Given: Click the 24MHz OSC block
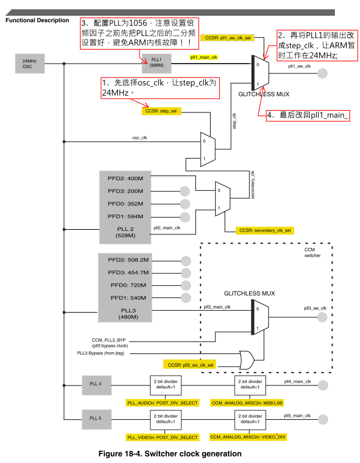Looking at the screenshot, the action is (30, 64).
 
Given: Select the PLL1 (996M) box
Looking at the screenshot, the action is (156, 63).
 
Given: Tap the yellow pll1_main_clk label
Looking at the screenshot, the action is (204, 57).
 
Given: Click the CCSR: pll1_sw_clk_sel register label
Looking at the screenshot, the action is (228, 38).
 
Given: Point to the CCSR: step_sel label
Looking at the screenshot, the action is (161, 111).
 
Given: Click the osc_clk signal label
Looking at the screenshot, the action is (139, 138).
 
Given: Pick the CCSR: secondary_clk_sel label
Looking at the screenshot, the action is (265, 230).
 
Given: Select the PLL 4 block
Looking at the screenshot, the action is (97, 385).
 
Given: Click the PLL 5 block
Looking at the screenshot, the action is (97, 419).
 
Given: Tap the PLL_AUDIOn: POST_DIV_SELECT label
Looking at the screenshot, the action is (162, 403).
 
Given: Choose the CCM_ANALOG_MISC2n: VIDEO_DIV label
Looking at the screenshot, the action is (248, 437).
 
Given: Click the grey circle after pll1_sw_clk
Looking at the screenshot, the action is (323, 73).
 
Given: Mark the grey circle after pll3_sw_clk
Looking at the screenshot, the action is (322, 317).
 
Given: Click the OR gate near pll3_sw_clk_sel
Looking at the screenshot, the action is (247, 360).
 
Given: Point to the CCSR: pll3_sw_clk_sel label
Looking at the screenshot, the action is (190, 365).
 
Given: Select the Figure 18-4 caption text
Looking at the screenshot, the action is (170, 454).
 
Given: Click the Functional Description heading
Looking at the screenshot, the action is (37, 20).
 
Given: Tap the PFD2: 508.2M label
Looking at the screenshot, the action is (128, 260).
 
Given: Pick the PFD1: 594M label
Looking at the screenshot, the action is (125, 216).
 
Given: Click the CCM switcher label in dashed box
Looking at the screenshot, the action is (312, 252).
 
